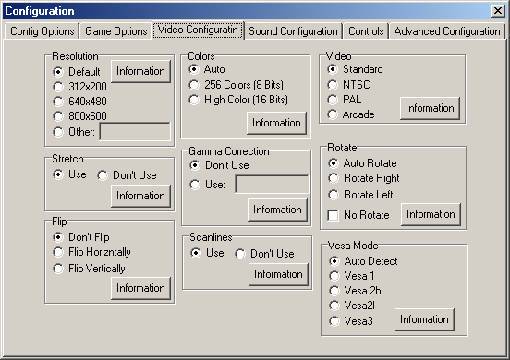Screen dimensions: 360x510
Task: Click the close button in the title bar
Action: click(497, 10)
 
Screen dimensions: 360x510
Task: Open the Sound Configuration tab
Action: click(293, 31)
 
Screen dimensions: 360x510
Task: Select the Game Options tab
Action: click(116, 31)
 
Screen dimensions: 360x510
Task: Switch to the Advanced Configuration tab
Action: click(447, 31)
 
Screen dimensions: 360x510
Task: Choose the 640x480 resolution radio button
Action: click(59, 101)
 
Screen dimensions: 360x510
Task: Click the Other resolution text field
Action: click(135, 131)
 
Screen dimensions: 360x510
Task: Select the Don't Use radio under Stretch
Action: click(103, 174)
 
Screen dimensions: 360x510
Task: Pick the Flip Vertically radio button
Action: click(59, 269)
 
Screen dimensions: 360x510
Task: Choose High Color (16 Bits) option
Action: click(195, 99)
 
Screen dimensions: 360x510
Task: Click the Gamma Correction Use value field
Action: click(272, 184)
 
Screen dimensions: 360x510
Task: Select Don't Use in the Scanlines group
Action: click(240, 253)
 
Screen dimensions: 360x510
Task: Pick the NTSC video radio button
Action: click(334, 84)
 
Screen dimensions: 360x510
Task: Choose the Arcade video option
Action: click(334, 114)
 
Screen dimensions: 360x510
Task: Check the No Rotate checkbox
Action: click(334, 215)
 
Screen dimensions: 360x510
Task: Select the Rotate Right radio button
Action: click(334, 179)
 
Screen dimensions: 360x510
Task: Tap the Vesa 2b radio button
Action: click(334, 291)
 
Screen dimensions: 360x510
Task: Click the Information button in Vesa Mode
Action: click(424, 319)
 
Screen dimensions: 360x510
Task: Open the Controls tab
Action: click(367, 31)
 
